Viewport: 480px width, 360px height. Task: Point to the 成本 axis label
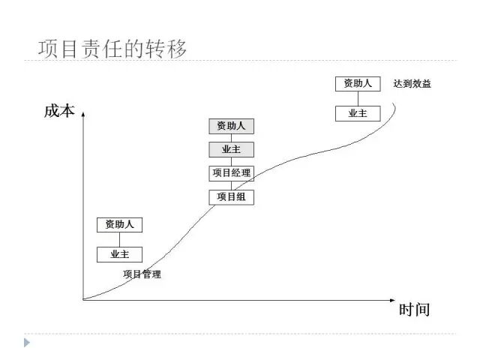(59, 112)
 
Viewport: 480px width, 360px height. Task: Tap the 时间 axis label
(414, 310)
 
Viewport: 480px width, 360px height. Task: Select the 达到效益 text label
(412, 84)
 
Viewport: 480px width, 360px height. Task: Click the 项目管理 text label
(142, 274)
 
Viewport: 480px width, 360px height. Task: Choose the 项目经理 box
(231, 173)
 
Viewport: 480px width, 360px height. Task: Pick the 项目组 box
(231, 197)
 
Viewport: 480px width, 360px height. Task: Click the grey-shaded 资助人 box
(231, 126)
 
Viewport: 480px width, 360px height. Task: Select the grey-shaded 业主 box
(231, 149)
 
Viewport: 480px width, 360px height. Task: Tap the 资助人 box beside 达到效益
(358, 83)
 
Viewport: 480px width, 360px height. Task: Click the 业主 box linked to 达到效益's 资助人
(358, 113)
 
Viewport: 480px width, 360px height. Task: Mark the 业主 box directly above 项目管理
(119, 254)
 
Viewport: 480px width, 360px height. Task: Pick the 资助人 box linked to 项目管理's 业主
(119, 224)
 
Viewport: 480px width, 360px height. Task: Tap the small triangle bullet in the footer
(27, 343)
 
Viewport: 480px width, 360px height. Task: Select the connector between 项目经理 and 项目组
(231, 185)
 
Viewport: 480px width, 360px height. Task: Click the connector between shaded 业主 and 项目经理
(231, 161)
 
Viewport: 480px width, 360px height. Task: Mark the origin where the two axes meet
(83, 300)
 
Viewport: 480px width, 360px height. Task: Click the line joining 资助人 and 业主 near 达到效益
(358, 98)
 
